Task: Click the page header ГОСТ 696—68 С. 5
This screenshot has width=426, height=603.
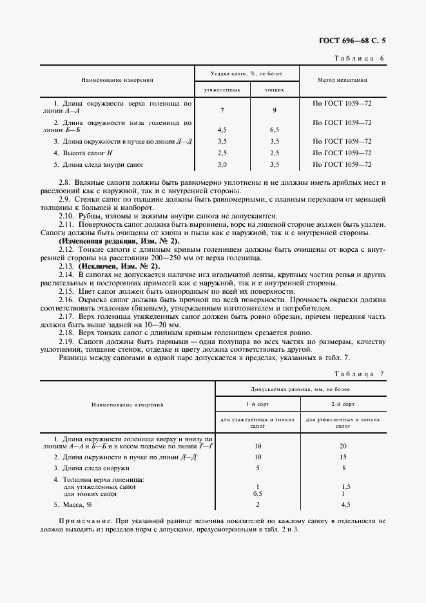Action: [356, 41]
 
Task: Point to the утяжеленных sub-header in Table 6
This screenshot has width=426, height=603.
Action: [222, 90]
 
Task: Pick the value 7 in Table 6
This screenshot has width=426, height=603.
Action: [222, 110]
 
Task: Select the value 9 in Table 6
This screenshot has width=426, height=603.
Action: [275, 110]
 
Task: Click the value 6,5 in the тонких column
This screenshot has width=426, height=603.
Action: [275, 129]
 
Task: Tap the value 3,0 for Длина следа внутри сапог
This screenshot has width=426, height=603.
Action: [222, 165]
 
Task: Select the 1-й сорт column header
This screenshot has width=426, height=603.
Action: [257, 405]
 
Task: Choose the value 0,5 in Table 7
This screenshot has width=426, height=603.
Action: [257, 493]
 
